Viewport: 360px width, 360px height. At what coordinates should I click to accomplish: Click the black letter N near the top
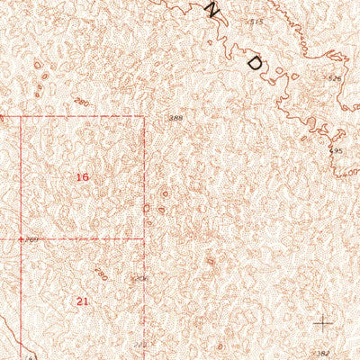(213, 10)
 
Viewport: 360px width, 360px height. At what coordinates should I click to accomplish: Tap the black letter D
(256, 64)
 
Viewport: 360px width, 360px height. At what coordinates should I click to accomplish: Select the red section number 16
(82, 177)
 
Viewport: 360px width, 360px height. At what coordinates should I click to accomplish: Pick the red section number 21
(83, 301)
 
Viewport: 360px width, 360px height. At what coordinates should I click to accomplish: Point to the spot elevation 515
(256, 21)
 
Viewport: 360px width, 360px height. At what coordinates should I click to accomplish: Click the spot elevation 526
(336, 79)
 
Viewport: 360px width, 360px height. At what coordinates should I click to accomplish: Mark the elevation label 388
(175, 118)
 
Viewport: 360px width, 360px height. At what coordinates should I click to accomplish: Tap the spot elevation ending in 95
(338, 150)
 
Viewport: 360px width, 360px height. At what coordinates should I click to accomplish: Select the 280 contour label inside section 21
(101, 274)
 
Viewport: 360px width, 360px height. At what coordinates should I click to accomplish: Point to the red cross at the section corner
(22, 239)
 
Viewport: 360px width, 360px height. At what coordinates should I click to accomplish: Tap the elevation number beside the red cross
(33, 239)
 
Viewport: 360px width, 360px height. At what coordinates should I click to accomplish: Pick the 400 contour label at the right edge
(352, 177)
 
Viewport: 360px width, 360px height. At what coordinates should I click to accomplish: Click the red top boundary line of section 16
(81, 117)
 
